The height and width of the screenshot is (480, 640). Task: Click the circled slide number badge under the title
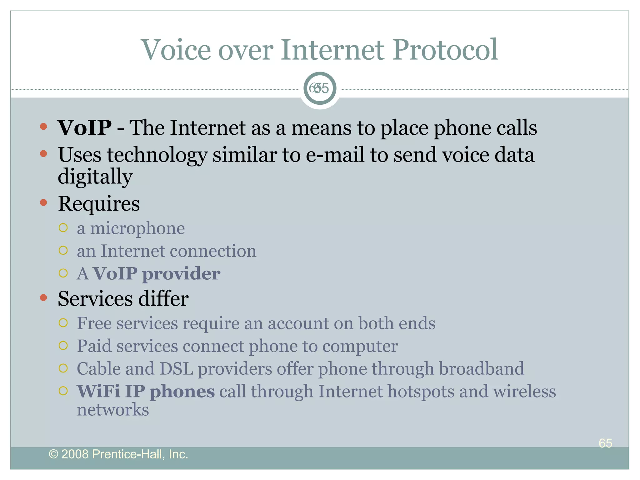coord(320,88)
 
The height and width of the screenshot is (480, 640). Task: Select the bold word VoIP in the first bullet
coord(84,128)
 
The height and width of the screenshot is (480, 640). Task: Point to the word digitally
coord(95,177)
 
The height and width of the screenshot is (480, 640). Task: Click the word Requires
coord(99,204)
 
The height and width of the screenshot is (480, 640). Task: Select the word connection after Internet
coord(213,251)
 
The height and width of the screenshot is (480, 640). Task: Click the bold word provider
coord(181,274)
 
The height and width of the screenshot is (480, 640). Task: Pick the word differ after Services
coord(163,299)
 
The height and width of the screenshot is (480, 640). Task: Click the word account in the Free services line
coord(298,323)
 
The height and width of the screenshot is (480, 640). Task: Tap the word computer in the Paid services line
coord(360,346)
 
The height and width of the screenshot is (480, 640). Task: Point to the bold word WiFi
coord(98,391)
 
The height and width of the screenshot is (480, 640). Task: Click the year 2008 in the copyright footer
coord(75,454)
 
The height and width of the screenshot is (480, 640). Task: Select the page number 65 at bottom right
coord(605,443)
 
